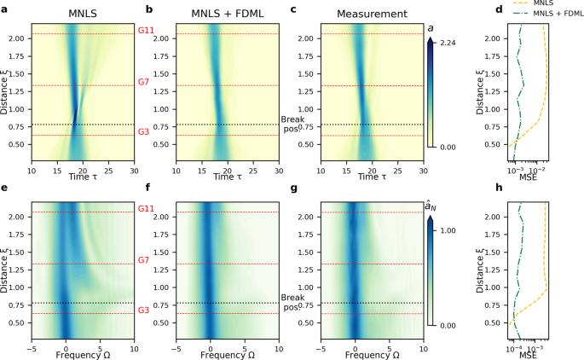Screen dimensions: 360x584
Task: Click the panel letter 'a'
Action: coord(4,10)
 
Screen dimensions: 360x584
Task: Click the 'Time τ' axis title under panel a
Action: coord(81,175)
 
